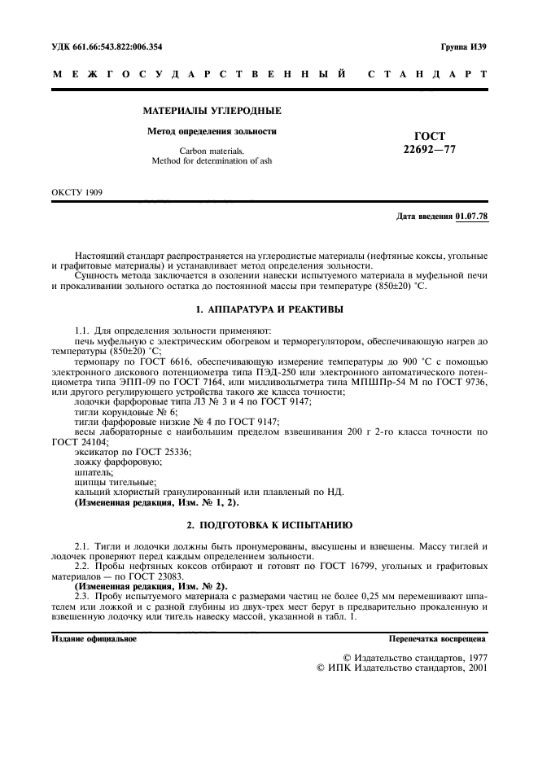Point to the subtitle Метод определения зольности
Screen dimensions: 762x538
point(212,130)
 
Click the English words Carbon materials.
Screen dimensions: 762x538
point(212,151)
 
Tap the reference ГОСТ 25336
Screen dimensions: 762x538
point(168,451)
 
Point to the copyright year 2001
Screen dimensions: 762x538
point(473,666)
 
